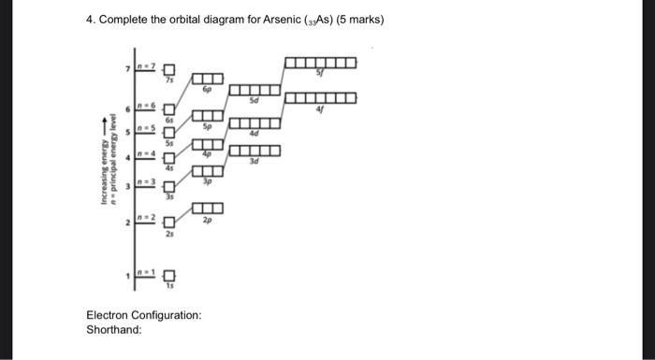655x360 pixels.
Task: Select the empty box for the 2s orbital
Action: click(169, 223)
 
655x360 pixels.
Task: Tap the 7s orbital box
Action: click(169, 68)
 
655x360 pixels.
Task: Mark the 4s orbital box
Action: click(169, 158)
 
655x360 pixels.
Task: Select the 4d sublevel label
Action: click(255, 136)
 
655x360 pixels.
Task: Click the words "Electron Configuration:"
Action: click(143, 315)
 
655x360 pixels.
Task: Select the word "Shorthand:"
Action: click(113, 330)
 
